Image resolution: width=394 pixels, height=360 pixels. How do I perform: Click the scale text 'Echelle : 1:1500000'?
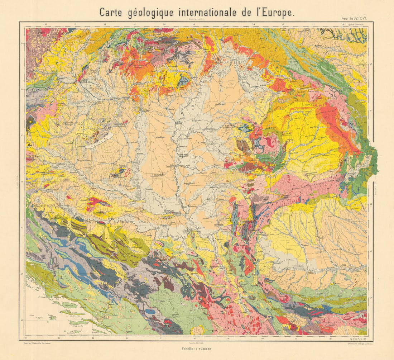tap(197, 349)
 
